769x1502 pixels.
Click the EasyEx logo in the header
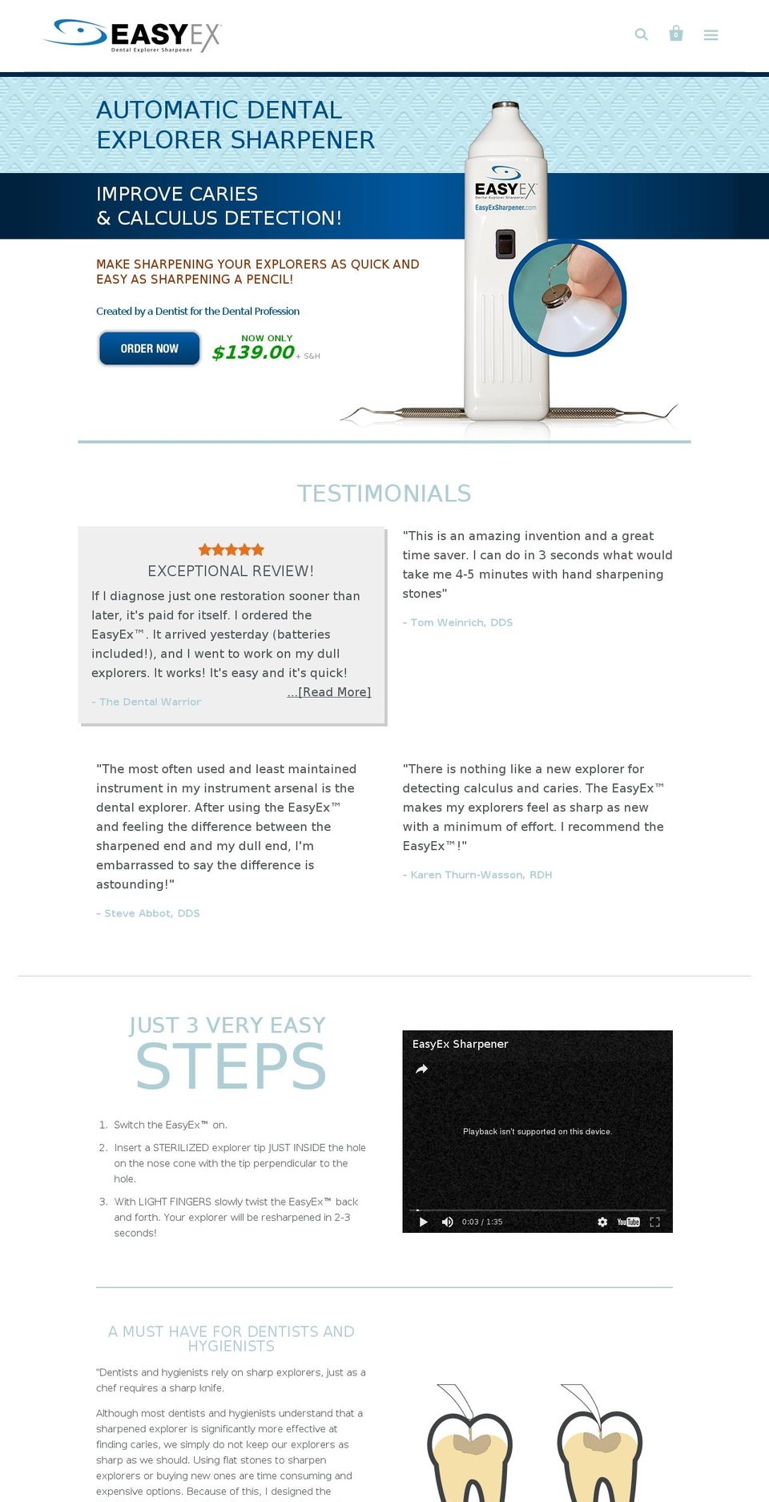pyautogui.click(x=133, y=35)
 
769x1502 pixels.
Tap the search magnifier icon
pyautogui.click(x=641, y=34)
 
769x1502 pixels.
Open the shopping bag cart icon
pyautogui.click(x=676, y=34)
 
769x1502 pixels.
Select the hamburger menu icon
pyautogui.click(x=711, y=35)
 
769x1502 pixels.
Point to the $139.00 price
pyautogui.click(x=253, y=352)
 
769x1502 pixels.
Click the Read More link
pyautogui.click(x=329, y=692)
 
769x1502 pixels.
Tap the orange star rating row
pyautogui.click(x=231, y=550)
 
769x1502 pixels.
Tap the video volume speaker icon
pyautogui.click(x=448, y=1222)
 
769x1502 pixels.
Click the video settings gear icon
pyautogui.click(x=602, y=1222)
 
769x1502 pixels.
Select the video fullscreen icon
pyautogui.click(x=654, y=1222)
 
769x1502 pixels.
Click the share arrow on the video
pyautogui.click(x=422, y=1069)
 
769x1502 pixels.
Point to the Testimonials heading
pyautogui.click(x=384, y=493)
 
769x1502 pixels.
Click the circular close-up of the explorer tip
pyautogui.click(x=567, y=298)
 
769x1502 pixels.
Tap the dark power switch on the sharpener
pyautogui.click(x=505, y=244)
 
